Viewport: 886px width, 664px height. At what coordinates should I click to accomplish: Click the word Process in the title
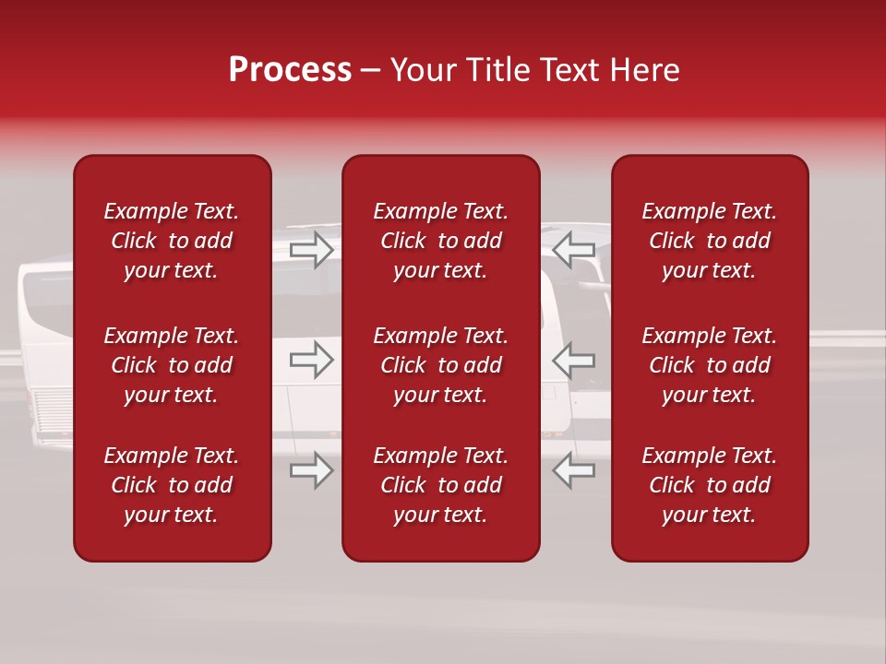tap(290, 70)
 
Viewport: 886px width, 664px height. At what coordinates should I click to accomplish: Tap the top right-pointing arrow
tap(311, 249)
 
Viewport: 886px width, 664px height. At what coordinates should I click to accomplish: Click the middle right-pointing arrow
tap(311, 360)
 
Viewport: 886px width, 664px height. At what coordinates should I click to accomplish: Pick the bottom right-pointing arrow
tap(311, 470)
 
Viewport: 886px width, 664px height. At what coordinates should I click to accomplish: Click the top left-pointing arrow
tap(573, 249)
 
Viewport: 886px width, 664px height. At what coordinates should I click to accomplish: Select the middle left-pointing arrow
tap(573, 360)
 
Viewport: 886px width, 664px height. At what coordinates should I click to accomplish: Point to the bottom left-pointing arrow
tap(573, 470)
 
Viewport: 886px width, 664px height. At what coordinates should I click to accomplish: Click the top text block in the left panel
tap(172, 241)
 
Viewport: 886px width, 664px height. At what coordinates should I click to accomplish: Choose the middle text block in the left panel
tap(172, 365)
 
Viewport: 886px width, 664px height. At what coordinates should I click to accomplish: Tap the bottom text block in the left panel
tap(172, 485)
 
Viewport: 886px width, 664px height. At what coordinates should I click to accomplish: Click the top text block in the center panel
tap(440, 241)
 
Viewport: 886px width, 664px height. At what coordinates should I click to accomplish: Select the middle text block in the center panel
tap(440, 365)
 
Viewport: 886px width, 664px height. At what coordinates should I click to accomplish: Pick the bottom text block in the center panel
tap(440, 485)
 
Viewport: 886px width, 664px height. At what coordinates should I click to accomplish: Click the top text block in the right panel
tap(709, 241)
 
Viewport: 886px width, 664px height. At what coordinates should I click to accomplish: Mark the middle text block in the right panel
tap(709, 365)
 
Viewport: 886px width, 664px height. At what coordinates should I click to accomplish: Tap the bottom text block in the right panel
tap(709, 485)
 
